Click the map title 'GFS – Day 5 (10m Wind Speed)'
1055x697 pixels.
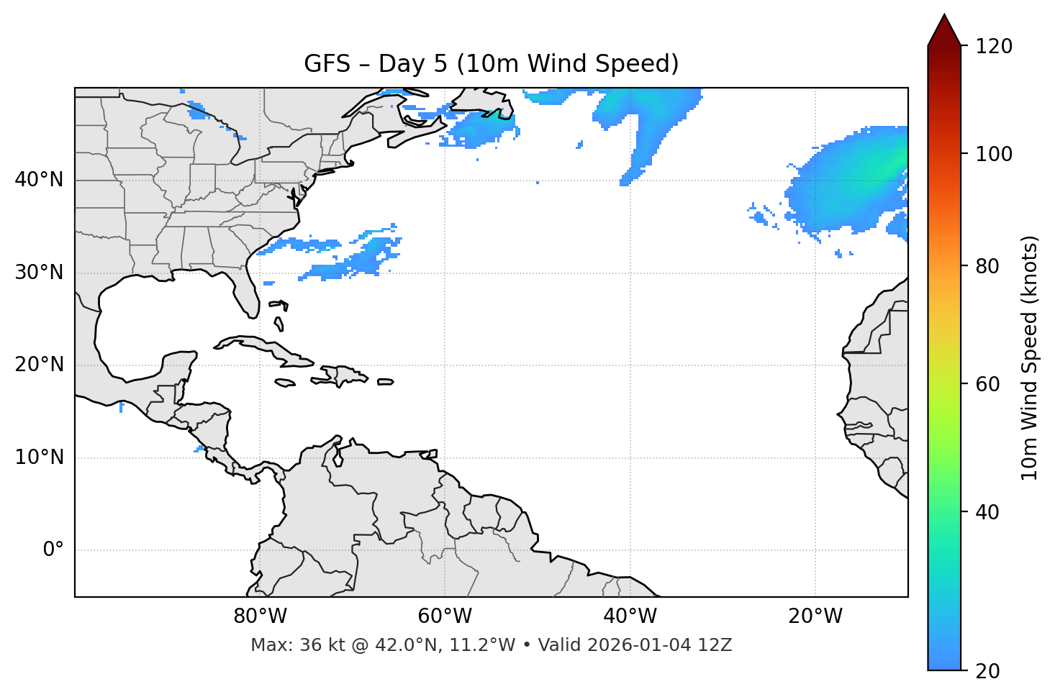click(491, 64)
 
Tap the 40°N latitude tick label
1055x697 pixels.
click(39, 180)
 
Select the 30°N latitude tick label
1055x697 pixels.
click(39, 273)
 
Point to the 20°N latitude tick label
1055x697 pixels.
click(39, 365)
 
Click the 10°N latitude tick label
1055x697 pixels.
click(39, 457)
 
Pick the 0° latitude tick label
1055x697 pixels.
click(53, 550)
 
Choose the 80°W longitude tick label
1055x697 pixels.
click(260, 616)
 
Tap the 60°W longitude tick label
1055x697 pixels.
click(445, 616)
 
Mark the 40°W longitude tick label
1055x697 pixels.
click(630, 616)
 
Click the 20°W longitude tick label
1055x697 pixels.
click(815, 616)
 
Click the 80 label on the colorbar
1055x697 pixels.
click(987, 266)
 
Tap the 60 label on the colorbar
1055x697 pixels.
click(987, 384)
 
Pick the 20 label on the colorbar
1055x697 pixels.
click(987, 671)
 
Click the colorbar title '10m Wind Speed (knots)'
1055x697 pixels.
click(1030, 357)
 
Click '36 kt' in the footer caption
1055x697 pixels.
click(315, 645)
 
